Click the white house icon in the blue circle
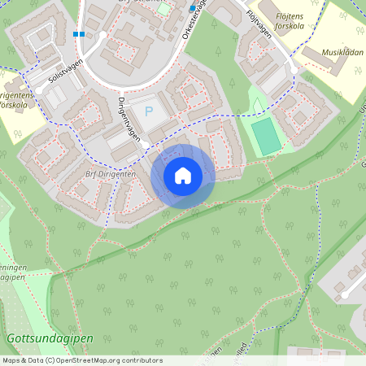[183, 176]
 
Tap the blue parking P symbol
[149, 111]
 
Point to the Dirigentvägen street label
[131, 120]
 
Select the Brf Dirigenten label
[111, 173]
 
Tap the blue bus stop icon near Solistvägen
[78, 34]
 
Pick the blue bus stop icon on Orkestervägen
[193, 9]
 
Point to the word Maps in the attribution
[11, 360]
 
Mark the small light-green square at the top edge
[164, 9]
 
